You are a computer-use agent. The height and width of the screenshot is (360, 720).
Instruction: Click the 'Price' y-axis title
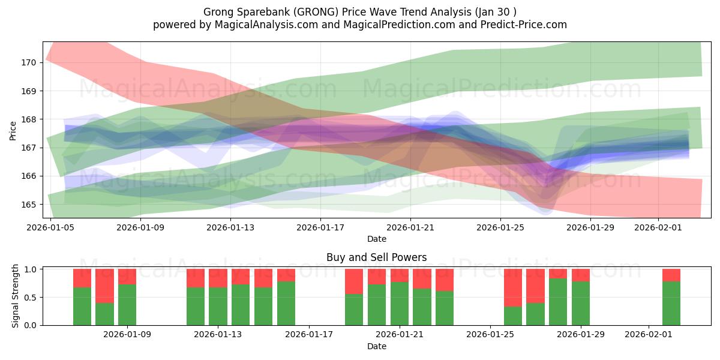(x=13, y=130)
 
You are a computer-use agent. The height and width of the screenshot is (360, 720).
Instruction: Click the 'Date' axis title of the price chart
(x=376, y=239)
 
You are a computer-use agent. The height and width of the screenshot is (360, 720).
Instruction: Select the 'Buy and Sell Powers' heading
(x=376, y=257)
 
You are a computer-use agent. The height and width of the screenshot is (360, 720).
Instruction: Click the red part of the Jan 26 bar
(x=512, y=287)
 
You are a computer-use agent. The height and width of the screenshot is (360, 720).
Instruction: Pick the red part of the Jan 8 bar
(x=104, y=286)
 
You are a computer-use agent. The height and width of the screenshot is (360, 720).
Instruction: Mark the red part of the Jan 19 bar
(x=354, y=281)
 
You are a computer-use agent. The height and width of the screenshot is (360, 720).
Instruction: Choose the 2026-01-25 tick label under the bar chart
(x=490, y=334)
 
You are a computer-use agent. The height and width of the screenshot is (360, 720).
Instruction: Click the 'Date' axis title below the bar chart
(x=376, y=346)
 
